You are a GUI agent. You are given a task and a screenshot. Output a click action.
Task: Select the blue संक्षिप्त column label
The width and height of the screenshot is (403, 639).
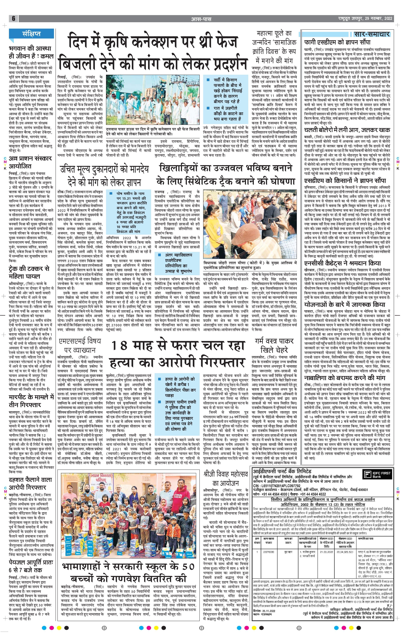click(31, 34)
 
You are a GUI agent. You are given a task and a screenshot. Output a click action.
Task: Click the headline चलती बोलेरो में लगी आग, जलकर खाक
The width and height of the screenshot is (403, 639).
click(347, 130)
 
